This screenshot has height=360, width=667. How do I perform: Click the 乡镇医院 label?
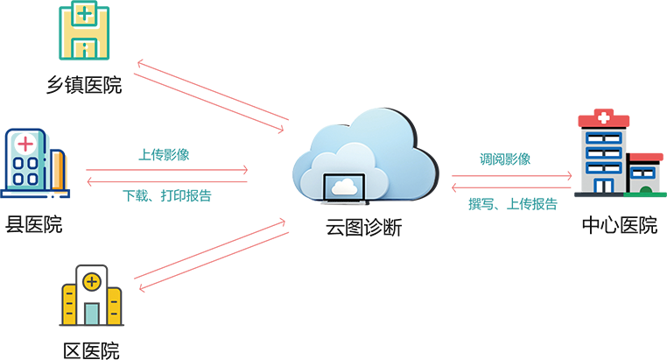coord(84,85)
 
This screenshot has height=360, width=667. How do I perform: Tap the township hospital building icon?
coord(84,30)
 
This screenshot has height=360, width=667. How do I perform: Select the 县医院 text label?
coord(34,224)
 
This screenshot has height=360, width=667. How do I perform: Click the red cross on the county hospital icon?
coord(25,144)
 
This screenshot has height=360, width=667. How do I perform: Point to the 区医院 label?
coord(91,351)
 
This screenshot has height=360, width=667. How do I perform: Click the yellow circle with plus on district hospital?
coord(91,282)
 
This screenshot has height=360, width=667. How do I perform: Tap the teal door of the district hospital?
coord(91,314)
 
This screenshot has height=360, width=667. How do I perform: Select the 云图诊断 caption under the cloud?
coord(364,227)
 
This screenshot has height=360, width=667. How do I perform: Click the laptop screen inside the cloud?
coord(344,187)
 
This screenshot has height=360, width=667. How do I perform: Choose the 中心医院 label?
coord(620,225)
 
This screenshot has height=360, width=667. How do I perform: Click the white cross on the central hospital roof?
coord(604,116)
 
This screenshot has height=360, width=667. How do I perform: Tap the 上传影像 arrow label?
coord(164,154)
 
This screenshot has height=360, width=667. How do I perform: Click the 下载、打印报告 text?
coord(167,195)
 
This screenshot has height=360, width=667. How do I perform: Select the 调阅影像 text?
coord(505,159)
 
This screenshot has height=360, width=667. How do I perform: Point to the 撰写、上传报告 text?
coord(513,204)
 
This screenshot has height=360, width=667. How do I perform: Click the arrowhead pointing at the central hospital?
coord(569,175)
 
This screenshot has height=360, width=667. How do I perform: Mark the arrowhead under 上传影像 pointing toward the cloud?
coord(245,170)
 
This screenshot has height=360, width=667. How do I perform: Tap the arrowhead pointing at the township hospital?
coord(140,64)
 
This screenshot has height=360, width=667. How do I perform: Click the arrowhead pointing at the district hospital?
coord(143,288)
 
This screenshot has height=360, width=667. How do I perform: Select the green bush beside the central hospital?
coord(645,190)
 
